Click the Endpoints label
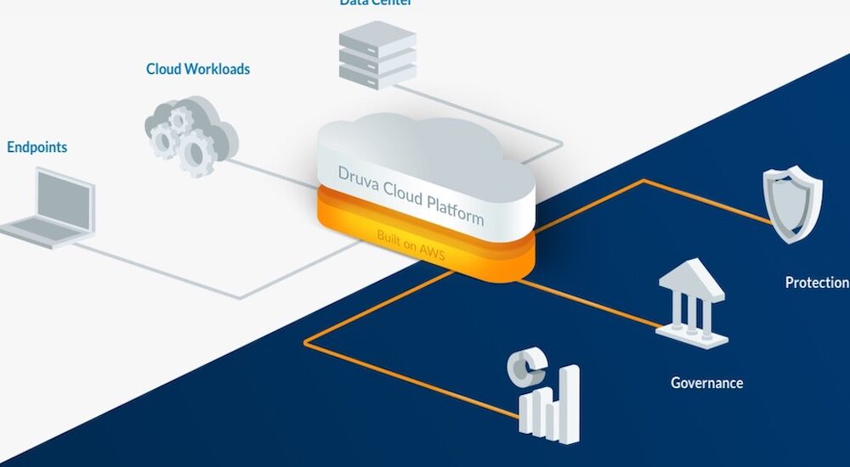pos(37,147)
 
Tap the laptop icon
pos(52,207)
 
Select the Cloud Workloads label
pos(198,70)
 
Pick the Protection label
pos(816,282)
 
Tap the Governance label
pos(706,383)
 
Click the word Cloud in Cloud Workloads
pos(165,70)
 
